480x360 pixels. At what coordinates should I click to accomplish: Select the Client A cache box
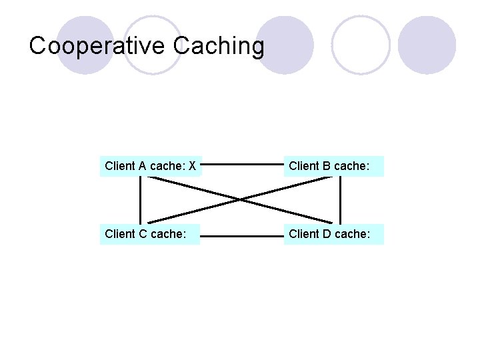150,166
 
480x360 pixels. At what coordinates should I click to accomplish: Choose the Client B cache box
334,166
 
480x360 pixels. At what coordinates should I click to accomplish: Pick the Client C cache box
150,234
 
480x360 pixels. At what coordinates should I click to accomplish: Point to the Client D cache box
334,234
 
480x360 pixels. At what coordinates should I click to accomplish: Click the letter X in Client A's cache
192,166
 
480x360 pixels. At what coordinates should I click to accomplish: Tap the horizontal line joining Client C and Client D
243,235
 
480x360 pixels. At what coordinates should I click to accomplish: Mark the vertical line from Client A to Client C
141,200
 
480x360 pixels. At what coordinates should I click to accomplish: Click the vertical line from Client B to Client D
340,200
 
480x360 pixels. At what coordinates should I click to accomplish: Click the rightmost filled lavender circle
427,45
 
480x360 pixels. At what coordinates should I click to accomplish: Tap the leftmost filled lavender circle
85,45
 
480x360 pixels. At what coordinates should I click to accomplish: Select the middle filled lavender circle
285,45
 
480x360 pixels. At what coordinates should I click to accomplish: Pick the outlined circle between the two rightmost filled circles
360,45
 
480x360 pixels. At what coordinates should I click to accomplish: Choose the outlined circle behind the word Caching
153,45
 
